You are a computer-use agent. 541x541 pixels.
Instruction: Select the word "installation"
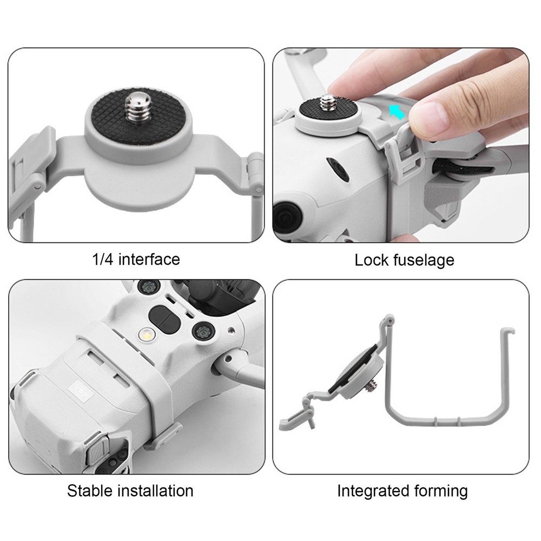(x=158, y=491)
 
